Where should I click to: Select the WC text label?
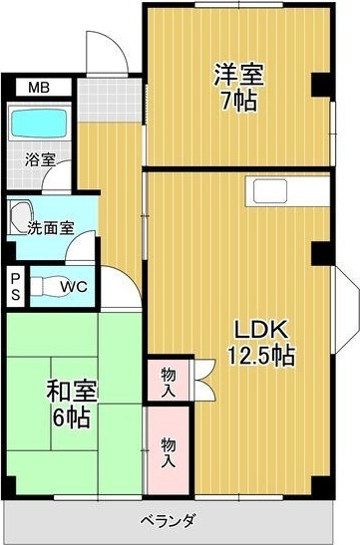73,288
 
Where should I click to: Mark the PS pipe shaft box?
16,286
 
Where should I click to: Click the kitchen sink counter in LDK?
271,190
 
